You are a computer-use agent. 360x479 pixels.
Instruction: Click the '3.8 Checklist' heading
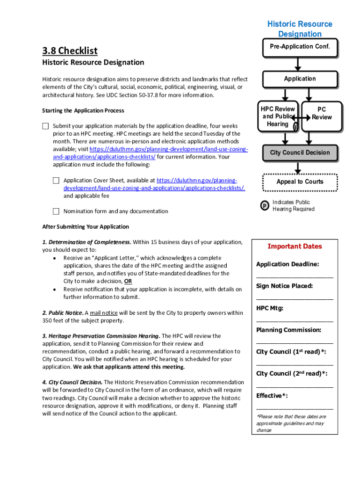coord(70,50)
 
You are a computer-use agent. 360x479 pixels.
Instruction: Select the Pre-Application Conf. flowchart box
coord(300,47)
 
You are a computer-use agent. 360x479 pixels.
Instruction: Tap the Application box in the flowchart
coord(300,79)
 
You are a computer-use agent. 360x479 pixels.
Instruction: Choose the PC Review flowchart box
coord(322,113)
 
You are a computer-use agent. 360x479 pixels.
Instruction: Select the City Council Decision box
coord(300,153)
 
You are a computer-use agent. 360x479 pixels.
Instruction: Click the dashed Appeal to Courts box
coord(300,181)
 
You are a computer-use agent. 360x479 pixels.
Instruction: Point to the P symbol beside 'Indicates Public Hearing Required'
coord(264,206)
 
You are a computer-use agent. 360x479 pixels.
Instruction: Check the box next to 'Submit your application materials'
coord(45,126)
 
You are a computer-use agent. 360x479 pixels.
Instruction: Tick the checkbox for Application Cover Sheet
coord(56,181)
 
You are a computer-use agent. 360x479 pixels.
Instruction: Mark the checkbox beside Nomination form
coord(56,211)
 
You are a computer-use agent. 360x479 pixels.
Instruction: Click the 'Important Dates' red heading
coord(295,247)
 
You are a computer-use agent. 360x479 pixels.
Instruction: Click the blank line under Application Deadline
coord(295,276)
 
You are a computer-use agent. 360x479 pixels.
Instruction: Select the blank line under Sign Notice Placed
coord(295,298)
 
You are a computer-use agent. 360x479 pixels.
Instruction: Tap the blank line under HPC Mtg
coord(295,320)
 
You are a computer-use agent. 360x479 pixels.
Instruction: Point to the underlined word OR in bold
coord(128,281)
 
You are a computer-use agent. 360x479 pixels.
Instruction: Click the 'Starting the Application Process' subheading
coord(83,111)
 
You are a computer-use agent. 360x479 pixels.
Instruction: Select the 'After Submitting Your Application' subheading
coord(86,227)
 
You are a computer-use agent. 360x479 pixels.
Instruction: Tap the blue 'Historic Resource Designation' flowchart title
coord(300,29)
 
